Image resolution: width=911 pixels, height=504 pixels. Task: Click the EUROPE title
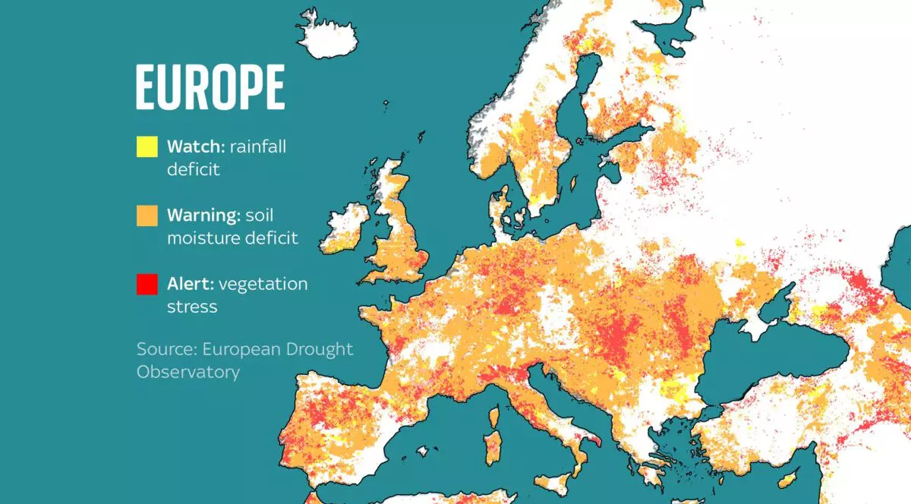[x=210, y=88]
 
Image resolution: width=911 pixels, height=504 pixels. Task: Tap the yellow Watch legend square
[x=147, y=146]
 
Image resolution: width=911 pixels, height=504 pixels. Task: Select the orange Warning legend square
[x=147, y=216]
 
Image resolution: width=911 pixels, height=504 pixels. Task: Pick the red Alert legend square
[x=147, y=284]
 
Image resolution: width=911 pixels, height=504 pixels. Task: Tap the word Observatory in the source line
[x=188, y=372]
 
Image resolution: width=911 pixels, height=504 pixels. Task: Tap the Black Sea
[x=774, y=364]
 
